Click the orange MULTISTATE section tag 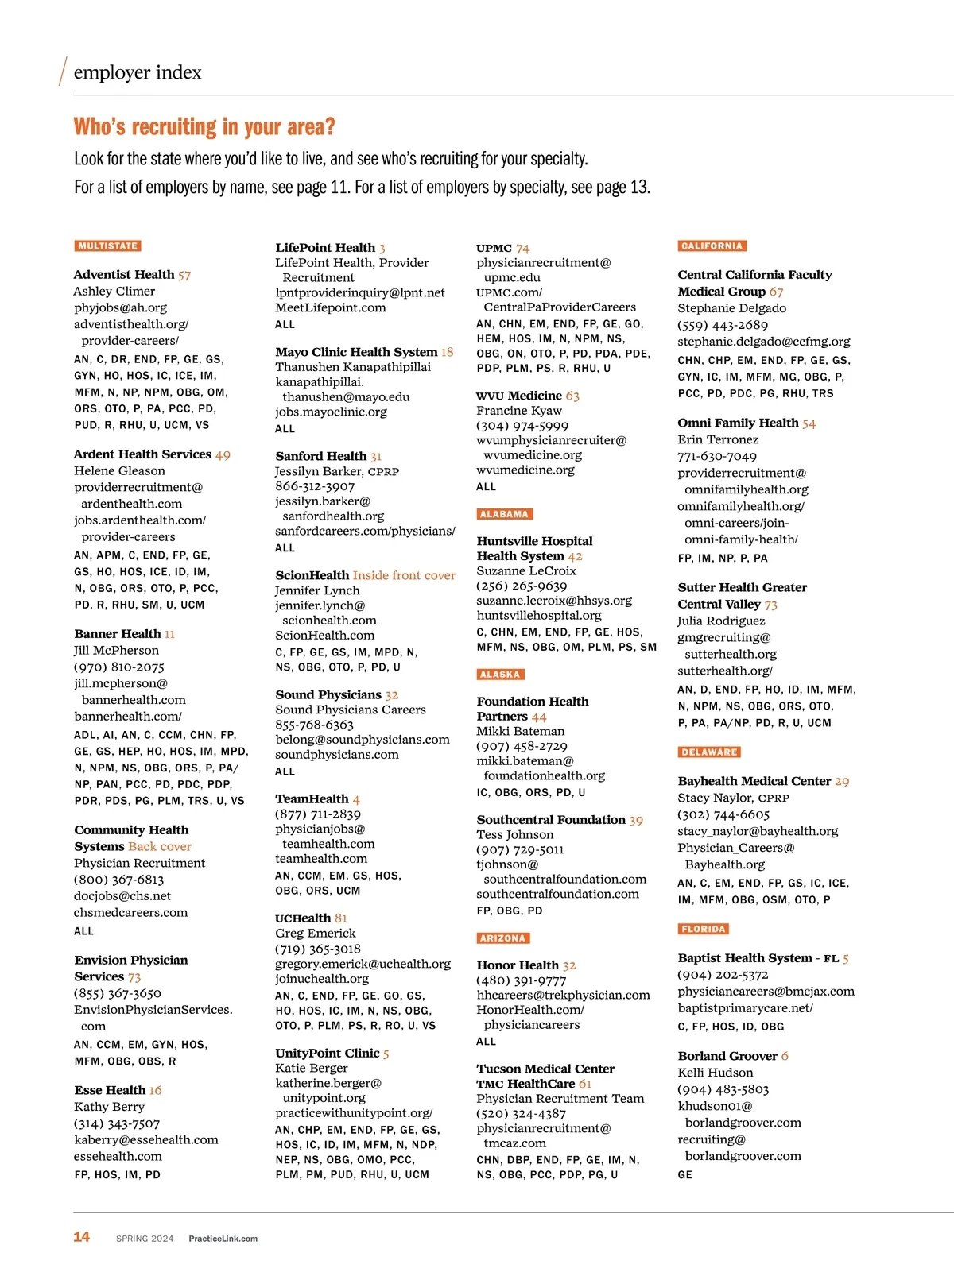coord(108,246)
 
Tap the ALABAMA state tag coord(504,514)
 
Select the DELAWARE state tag coord(709,752)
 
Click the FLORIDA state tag coord(704,929)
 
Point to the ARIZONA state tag coord(502,938)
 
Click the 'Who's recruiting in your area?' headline coord(204,127)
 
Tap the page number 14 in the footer coord(81,1237)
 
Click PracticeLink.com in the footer coord(223,1239)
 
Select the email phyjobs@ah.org coord(120,307)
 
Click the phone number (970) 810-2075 coord(119,667)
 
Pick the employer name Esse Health coord(110,1090)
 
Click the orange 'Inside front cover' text coord(404,575)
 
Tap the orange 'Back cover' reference coord(160,846)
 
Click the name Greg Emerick coord(315,933)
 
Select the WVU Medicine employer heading coord(519,396)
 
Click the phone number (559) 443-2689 coord(723,325)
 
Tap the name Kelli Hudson coord(715,1073)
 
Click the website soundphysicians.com coord(337,754)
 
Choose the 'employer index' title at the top coord(138,72)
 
